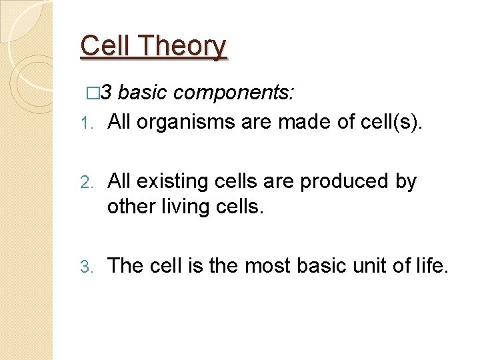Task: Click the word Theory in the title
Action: (x=185, y=47)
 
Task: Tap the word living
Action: (x=185, y=207)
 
